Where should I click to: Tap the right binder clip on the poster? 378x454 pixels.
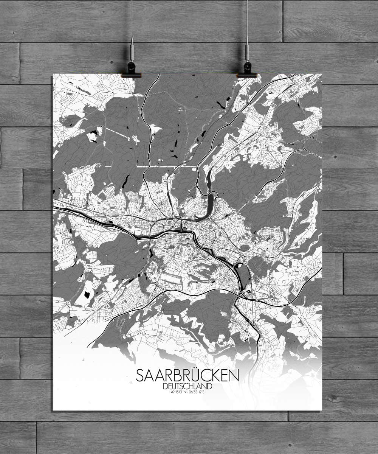(x=247, y=70)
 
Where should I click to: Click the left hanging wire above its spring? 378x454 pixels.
(x=132, y=23)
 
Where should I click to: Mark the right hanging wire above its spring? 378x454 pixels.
(x=247, y=23)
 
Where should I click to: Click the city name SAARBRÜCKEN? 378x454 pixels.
(x=187, y=376)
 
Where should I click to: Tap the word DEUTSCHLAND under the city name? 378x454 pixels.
(x=187, y=386)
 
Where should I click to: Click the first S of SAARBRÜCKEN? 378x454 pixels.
(x=140, y=376)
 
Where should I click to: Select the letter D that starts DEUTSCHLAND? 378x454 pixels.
(x=165, y=386)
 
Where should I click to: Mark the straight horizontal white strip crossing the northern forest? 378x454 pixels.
(x=151, y=166)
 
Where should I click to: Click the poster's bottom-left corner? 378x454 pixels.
(x=53, y=410)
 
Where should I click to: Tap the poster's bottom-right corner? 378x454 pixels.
(x=322, y=410)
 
